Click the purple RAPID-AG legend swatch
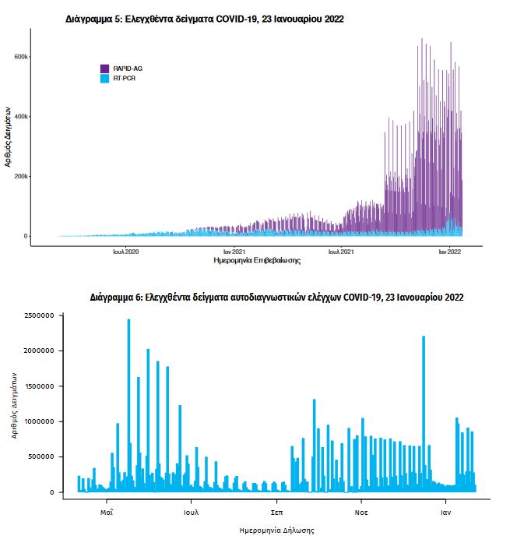click(x=105, y=69)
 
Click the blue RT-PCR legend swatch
click(x=105, y=79)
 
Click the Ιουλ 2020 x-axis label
click(x=125, y=252)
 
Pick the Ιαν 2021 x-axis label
click(x=234, y=252)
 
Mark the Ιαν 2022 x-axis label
click(x=450, y=252)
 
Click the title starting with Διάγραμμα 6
click(x=277, y=298)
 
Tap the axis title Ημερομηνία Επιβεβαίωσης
click(x=257, y=261)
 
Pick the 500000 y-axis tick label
click(x=38, y=457)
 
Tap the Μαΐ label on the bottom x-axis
click(x=107, y=513)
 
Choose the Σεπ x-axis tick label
click(x=276, y=513)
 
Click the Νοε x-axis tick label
click(x=361, y=513)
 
